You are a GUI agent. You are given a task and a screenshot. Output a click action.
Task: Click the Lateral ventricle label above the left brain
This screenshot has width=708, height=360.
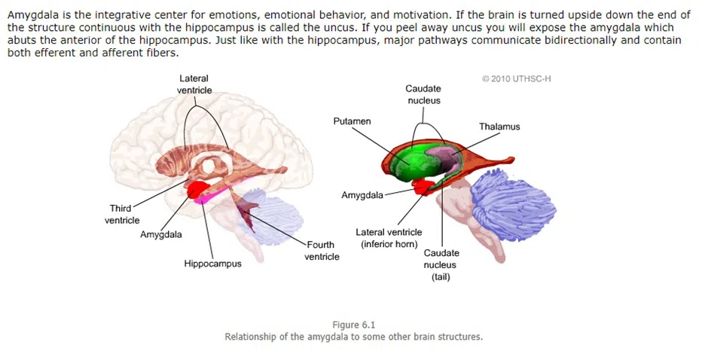coord(194,84)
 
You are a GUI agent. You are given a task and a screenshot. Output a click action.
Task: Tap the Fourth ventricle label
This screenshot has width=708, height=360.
coord(322,250)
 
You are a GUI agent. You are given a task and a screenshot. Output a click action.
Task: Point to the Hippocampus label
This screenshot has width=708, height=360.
coord(213,264)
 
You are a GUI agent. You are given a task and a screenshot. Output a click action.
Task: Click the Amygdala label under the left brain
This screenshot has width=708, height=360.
coord(161,234)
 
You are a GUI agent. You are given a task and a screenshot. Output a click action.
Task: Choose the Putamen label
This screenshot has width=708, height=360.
coord(352,121)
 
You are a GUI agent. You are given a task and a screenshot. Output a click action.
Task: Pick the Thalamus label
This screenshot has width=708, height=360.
coord(499,127)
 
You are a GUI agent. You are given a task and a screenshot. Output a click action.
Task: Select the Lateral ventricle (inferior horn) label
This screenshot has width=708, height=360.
coord(389,238)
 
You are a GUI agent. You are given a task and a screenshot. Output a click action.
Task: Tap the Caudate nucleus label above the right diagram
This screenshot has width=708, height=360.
coord(423,94)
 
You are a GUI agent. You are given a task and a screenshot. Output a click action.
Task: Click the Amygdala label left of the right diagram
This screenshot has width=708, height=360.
coord(362,195)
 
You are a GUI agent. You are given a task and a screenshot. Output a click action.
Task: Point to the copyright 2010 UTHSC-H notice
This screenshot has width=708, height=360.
coord(517,78)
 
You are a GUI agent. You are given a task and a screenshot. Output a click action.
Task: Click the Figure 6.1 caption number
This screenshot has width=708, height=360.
coord(353,325)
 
